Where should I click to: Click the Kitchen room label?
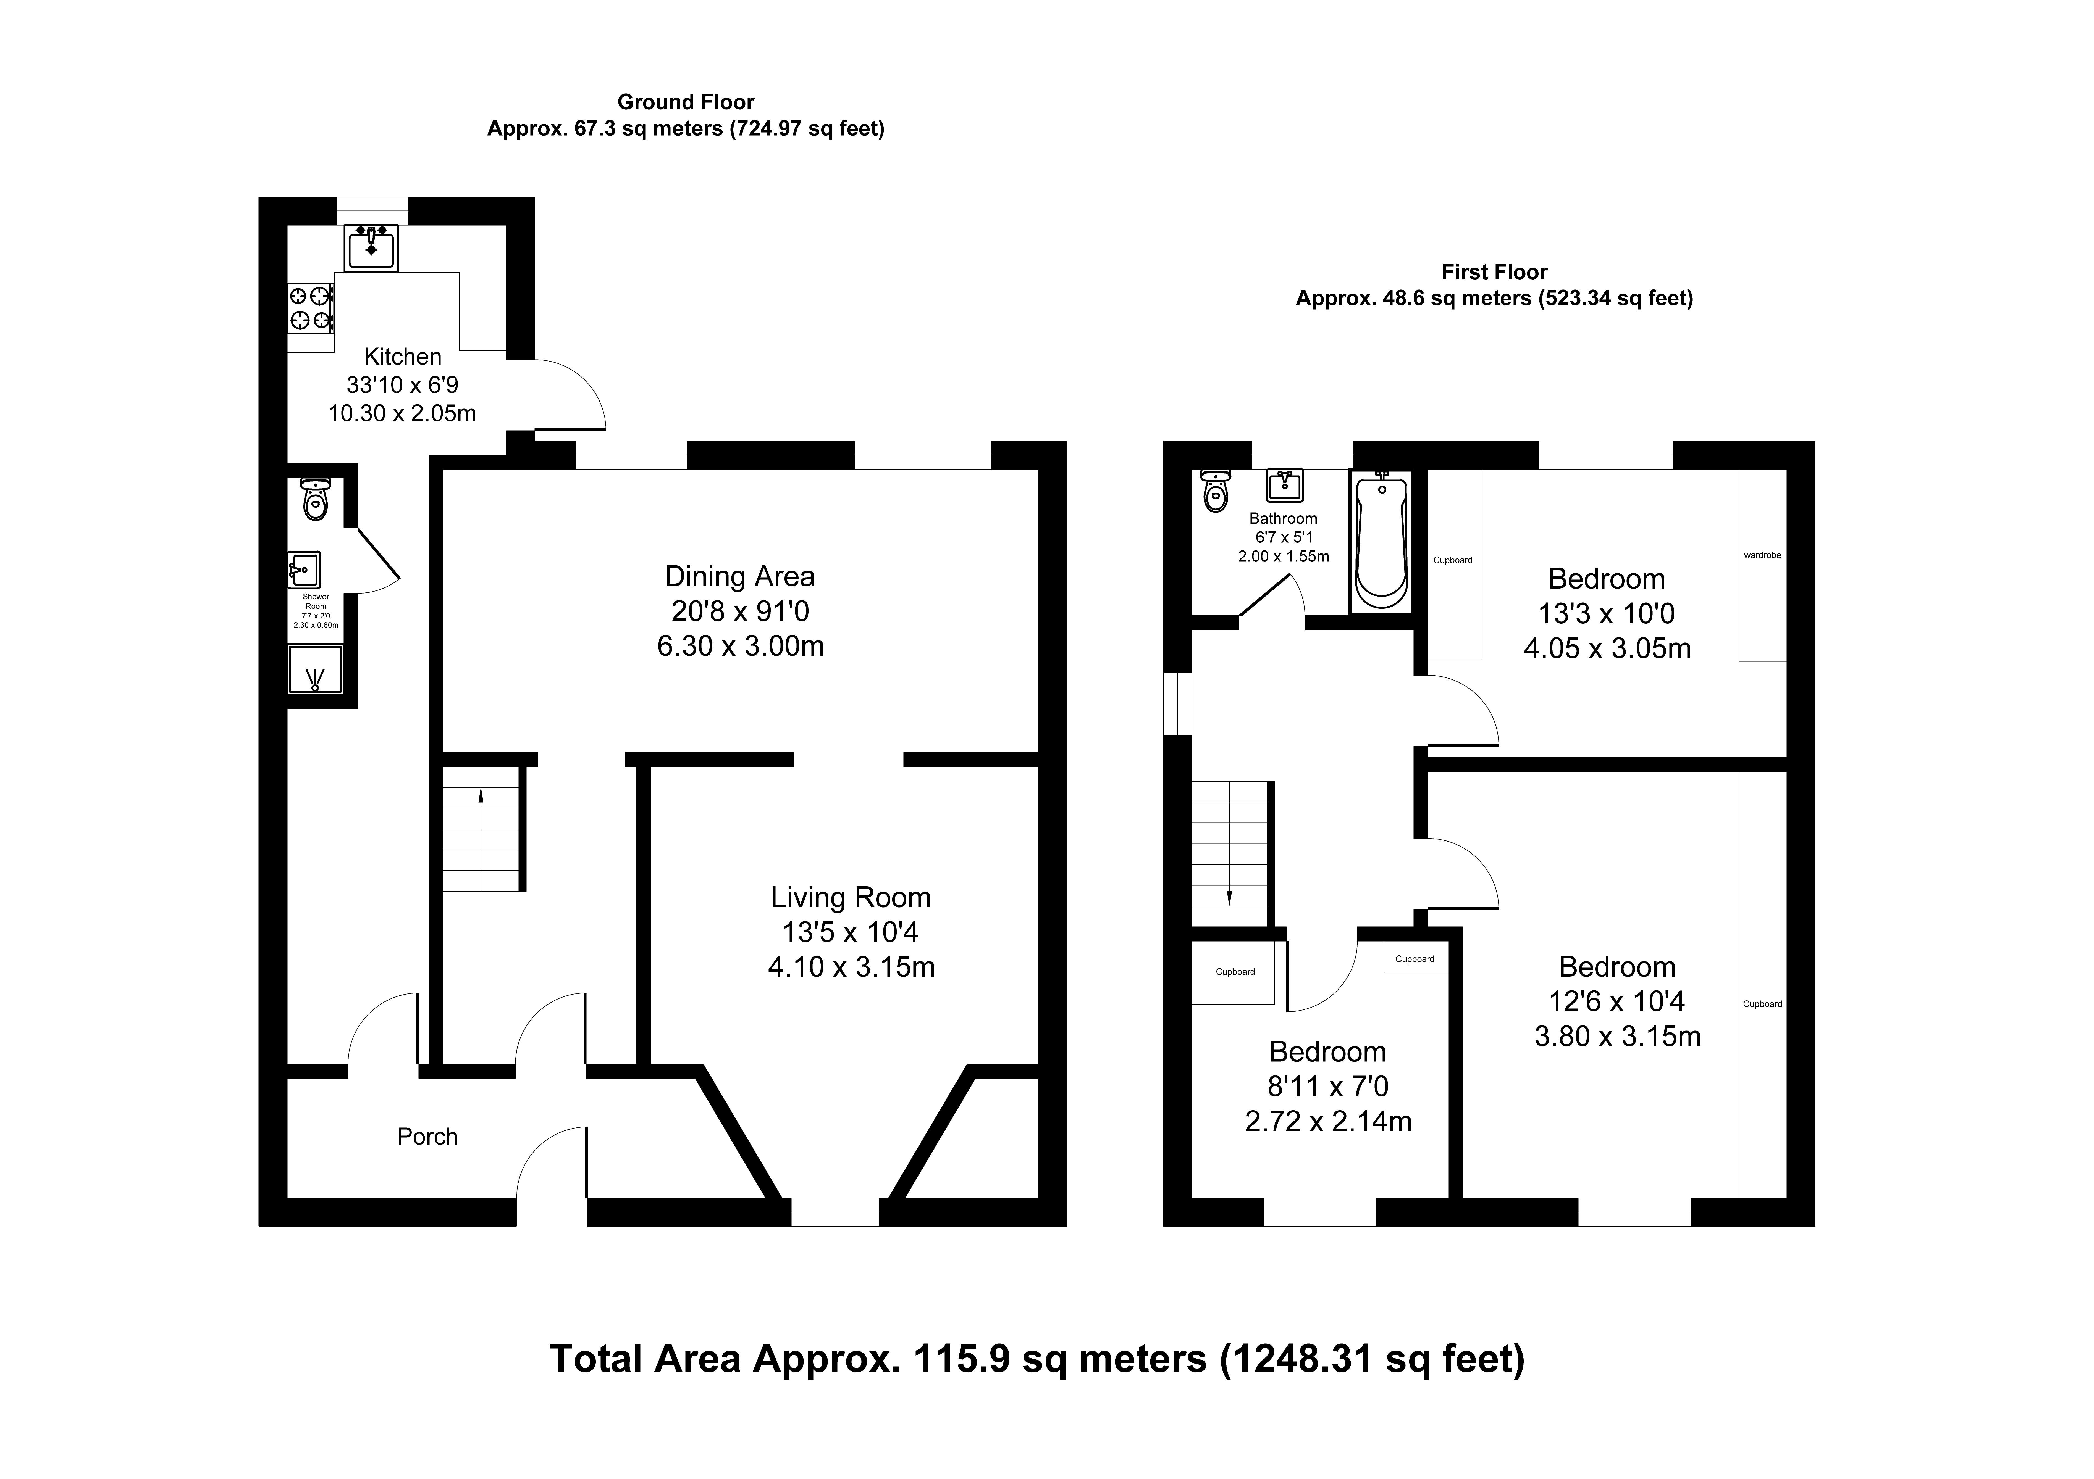pos(402,357)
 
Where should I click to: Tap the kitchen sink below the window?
pos(371,248)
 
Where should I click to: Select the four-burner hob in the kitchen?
pos(310,308)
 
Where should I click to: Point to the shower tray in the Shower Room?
pos(316,669)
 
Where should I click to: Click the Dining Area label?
pos(740,576)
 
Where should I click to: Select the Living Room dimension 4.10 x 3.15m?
pos(851,967)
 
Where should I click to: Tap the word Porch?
pos(427,1136)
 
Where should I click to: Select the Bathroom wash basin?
pos(1284,485)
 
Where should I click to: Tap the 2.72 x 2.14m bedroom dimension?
pos(1328,1121)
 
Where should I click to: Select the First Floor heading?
pos(1495,272)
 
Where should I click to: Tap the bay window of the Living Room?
pos(835,1212)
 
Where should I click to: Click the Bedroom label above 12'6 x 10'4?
pos(1617,967)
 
